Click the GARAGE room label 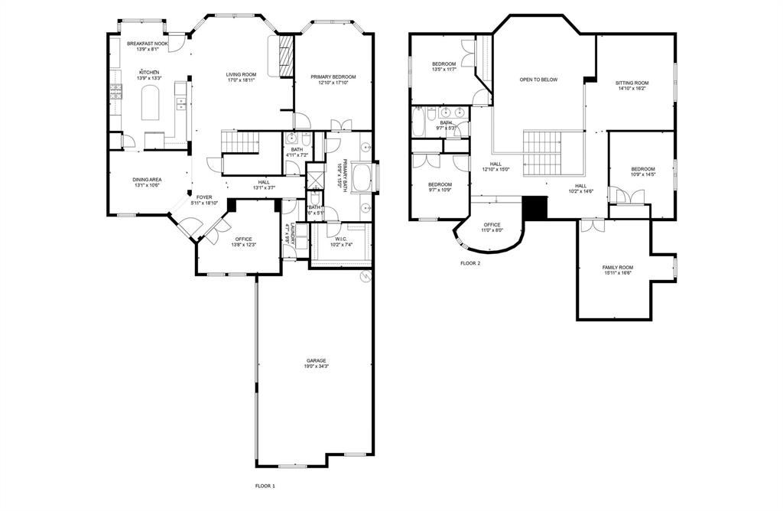pos(317,360)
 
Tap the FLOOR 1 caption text pos(265,486)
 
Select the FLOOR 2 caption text pos(470,263)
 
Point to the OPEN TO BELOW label pos(538,80)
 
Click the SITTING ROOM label pos(632,83)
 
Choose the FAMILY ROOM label pos(618,267)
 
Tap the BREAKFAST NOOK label pos(147,44)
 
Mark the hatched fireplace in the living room pos(287,57)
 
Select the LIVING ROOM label pos(241,74)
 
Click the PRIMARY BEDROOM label pos(333,76)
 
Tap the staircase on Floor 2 pos(542,151)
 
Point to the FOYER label pos(204,197)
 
